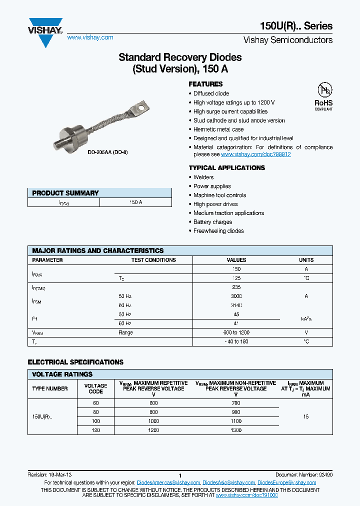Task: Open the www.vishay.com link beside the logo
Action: [90, 37]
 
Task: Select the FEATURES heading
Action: [205, 84]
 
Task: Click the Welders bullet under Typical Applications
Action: [203, 177]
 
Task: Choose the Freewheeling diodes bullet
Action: [218, 231]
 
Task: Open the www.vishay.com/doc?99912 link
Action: [256, 154]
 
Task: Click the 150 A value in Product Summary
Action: [135, 202]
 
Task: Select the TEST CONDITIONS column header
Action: [153, 260]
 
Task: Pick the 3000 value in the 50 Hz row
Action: [236, 296]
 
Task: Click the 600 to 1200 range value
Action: [236, 332]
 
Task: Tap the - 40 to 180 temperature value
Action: [236, 341]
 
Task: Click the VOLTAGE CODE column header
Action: [95, 388]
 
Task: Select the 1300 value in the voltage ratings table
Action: [236, 430]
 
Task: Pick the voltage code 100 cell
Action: [95, 421]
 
